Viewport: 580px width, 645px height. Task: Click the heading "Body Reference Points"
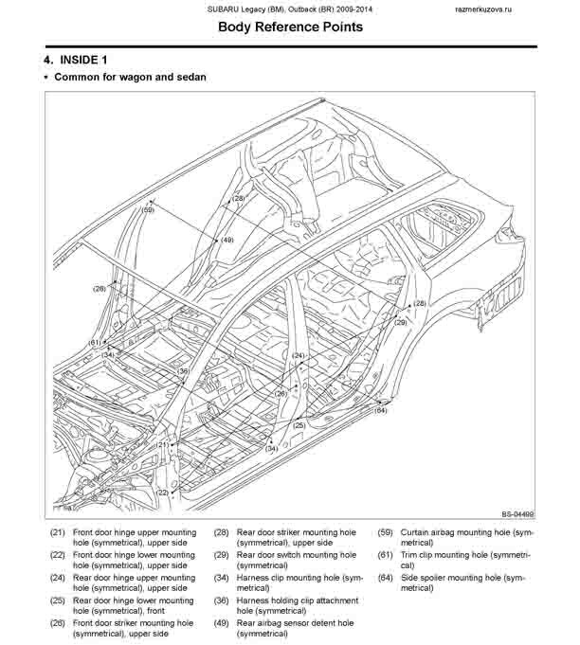point(290,27)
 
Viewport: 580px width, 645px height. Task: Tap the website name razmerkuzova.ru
point(483,9)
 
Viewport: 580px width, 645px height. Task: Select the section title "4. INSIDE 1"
point(75,60)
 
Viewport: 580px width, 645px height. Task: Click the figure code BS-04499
point(517,514)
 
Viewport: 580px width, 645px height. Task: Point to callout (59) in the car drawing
point(148,209)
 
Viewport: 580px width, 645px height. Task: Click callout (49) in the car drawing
point(227,240)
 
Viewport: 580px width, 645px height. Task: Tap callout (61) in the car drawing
point(95,342)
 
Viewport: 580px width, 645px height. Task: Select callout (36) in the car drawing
point(183,371)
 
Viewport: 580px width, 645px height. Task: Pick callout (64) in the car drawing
point(380,410)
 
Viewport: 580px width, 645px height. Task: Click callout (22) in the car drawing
point(163,493)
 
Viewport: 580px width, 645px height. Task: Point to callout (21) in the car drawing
point(163,444)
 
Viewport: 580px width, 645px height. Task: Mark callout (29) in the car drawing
point(401,322)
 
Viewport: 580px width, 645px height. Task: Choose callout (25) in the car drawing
point(299,425)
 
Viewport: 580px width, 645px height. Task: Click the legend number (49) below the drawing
point(221,623)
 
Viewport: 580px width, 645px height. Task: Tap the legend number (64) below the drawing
point(386,578)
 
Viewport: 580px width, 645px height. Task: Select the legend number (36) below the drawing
point(221,600)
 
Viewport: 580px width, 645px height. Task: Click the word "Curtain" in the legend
point(414,532)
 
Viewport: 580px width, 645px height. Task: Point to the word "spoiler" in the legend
point(433,579)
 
